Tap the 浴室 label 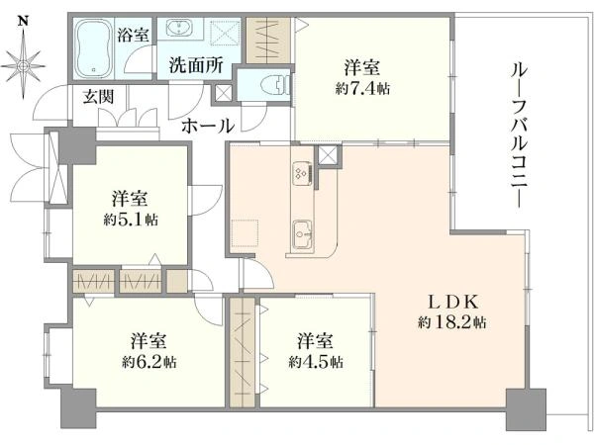(x=133, y=35)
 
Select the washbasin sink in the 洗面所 (x=176, y=28)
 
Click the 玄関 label (x=98, y=97)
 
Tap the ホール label (x=208, y=126)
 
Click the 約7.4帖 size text (x=362, y=90)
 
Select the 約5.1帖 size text (x=131, y=220)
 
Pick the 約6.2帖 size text (x=148, y=363)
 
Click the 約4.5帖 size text (x=316, y=363)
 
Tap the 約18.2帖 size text (x=452, y=322)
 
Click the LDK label (x=452, y=302)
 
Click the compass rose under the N (x=24, y=66)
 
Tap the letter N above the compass (x=24, y=22)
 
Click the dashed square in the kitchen (x=245, y=232)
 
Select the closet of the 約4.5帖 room (x=243, y=352)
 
